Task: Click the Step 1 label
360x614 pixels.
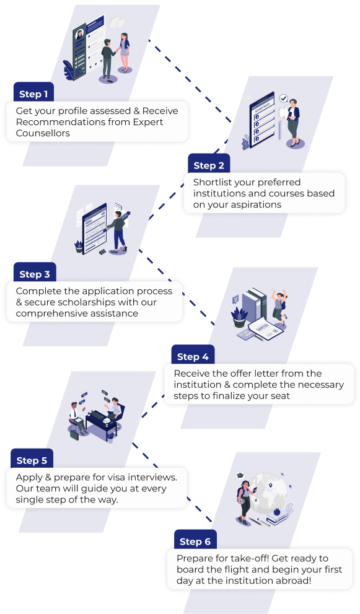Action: (33, 94)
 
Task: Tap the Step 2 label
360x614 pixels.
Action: (209, 165)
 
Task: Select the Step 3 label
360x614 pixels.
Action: (35, 274)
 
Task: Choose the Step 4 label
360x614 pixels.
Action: (193, 357)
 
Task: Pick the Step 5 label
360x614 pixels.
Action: (32, 460)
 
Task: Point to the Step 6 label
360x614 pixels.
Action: (195, 542)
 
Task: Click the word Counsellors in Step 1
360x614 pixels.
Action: (43, 133)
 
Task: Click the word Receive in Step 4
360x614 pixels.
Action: (192, 374)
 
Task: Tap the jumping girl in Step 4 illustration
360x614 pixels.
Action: (279, 304)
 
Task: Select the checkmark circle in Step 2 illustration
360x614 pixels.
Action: (284, 99)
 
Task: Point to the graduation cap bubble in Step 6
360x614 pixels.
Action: (240, 476)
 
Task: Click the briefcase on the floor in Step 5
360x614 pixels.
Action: (74, 434)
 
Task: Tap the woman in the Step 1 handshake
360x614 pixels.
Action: (124, 53)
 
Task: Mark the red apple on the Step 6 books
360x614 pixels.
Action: (276, 512)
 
